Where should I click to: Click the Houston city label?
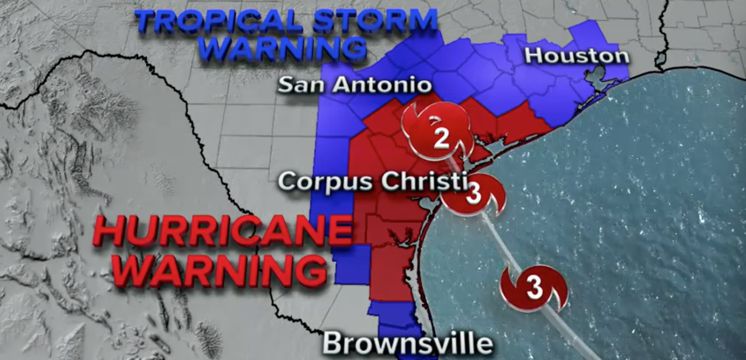tap(576, 56)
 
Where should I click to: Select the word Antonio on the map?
tap(381, 85)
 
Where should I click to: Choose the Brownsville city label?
tap(407, 343)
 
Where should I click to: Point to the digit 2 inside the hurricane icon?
tap(441, 138)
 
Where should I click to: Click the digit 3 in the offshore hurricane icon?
tap(534, 286)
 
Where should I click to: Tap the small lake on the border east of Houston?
tap(660, 60)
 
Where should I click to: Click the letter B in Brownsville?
tap(332, 343)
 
